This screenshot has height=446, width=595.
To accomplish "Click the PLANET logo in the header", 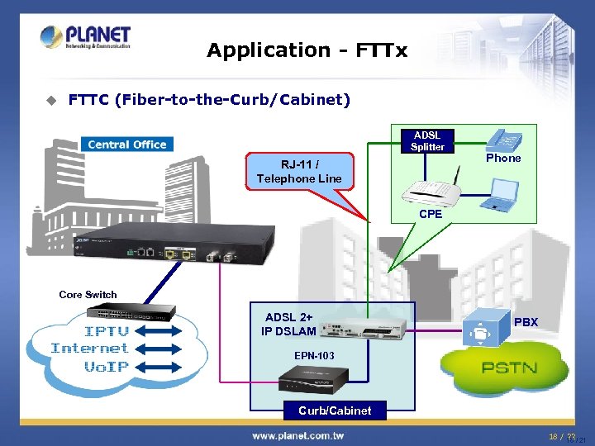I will tap(84, 37).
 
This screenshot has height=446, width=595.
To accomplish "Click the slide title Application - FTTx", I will tap(307, 50).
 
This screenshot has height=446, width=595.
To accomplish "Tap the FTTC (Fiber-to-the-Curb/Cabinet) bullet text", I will tap(209, 100).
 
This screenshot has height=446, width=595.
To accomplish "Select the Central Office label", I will tap(126, 145).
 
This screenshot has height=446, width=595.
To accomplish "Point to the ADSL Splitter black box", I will tap(427, 140).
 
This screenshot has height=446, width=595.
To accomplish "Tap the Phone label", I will tap(503, 158).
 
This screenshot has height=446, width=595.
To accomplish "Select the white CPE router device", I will tap(430, 191).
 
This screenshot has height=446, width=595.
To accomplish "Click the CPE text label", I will tap(431, 214).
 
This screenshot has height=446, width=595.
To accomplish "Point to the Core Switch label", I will tap(88, 294).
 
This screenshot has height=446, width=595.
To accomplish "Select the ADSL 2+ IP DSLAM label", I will tap(289, 325).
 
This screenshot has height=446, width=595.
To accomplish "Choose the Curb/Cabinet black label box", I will tap(335, 410).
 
